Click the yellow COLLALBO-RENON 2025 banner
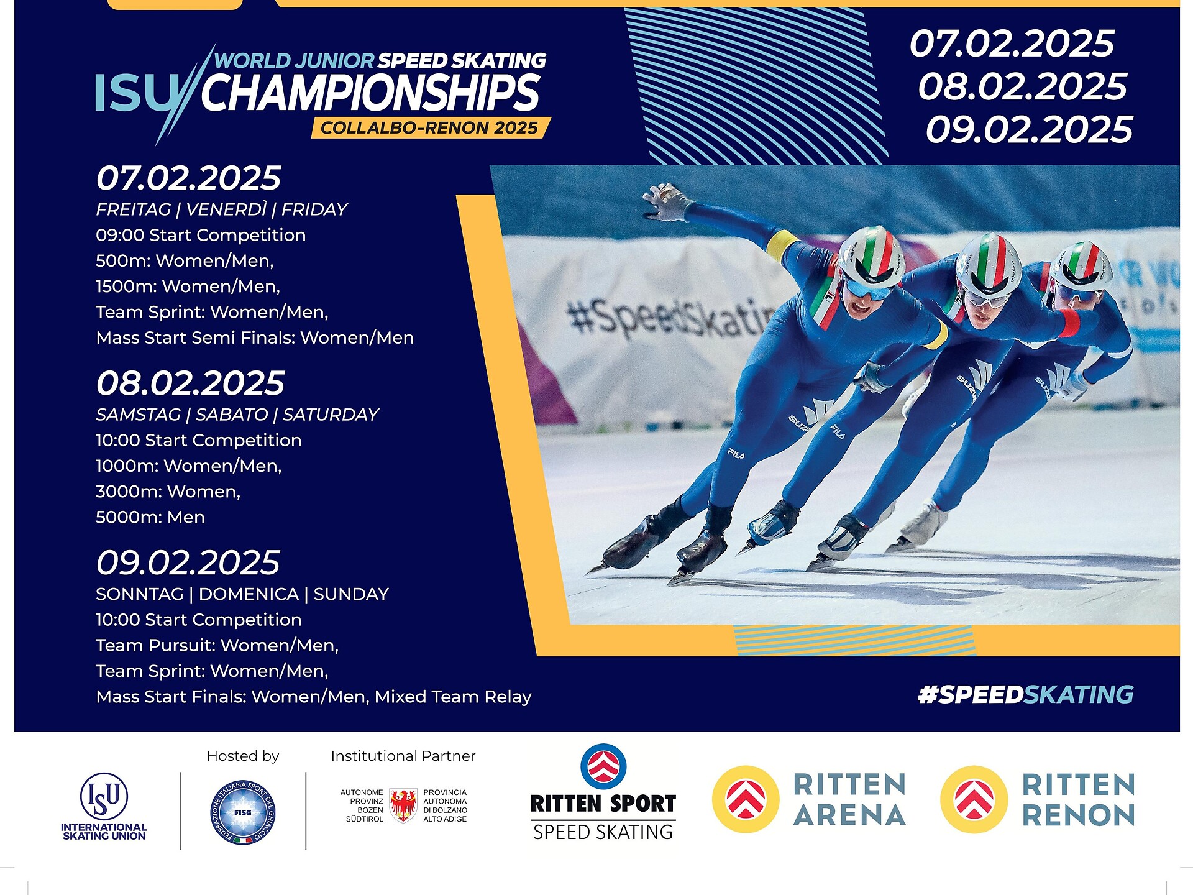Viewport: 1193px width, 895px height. coord(431,127)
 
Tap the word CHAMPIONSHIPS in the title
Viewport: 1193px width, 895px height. coord(370,93)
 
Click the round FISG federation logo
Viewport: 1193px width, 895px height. coord(243,812)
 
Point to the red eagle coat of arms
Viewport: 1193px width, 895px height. coord(403,805)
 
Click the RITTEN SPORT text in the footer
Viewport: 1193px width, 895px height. coord(603,804)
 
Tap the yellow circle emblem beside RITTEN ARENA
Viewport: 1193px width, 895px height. coord(746,799)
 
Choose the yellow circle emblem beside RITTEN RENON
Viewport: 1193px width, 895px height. coord(974,799)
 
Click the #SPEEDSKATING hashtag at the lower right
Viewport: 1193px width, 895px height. coord(1026,694)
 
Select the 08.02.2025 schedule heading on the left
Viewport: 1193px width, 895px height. coord(190,383)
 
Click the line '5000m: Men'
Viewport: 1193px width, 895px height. coord(150,517)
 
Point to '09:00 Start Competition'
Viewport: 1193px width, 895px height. coord(201,235)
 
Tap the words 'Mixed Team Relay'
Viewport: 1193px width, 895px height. coord(453,697)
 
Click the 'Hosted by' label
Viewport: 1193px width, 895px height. coord(243,756)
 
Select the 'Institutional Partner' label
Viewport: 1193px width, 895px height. coord(403,756)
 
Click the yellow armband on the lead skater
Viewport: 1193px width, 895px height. coord(781,245)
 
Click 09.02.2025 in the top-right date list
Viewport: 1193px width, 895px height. coord(1029,129)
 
